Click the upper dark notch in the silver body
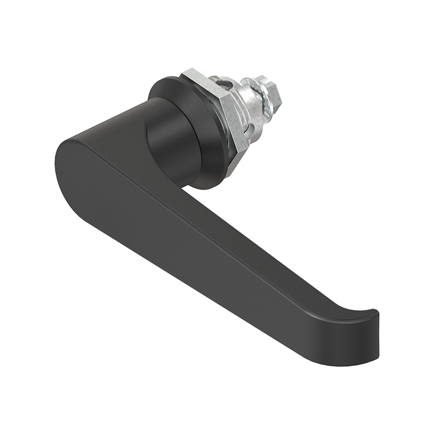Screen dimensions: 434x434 pyautogui.click(x=225, y=81)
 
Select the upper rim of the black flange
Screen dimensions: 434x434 pyautogui.click(x=163, y=81)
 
